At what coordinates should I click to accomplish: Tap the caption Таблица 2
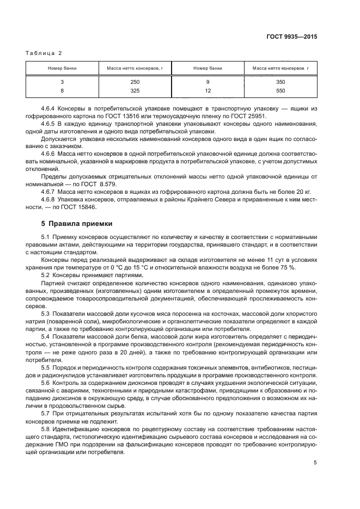click(44, 53)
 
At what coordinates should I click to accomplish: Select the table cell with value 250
click(135, 82)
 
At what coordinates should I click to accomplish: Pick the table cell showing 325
click(135, 90)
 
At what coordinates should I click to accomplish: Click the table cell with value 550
click(280, 90)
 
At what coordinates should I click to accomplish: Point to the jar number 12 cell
click(208, 90)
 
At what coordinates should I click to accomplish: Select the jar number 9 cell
click(208, 82)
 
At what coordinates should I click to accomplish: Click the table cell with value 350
click(280, 82)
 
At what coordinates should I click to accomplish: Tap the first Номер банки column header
click(62, 68)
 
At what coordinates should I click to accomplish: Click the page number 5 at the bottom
click(315, 463)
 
